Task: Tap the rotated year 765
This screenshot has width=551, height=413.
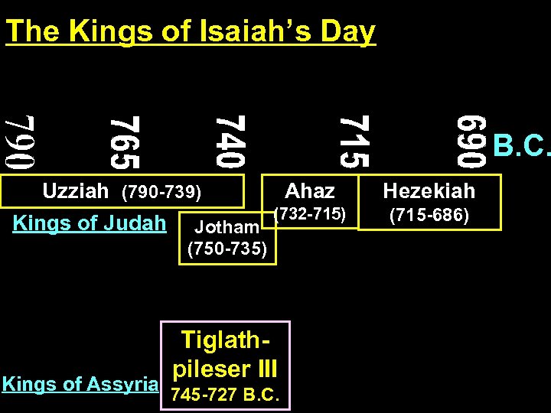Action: pyautogui.click(x=124, y=141)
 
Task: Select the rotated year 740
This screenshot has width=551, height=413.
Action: pyautogui.click(x=230, y=141)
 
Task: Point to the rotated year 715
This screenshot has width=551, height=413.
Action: pyautogui.click(x=354, y=141)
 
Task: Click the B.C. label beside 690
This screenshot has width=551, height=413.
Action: pyautogui.click(x=522, y=145)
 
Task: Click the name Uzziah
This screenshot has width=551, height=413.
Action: pyautogui.click(x=76, y=190)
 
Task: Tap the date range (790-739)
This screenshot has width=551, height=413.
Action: pyautogui.click(x=161, y=191)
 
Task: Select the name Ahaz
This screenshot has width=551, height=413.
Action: pyautogui.click(x=310, y=190)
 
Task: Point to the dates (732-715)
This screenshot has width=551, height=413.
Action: pyautogui.click(x=312, y=214)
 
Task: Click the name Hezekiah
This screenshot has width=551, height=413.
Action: pyautogui.click(x=429, y=190)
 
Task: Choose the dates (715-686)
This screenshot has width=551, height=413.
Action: pyautogui.click(x=429, y=216)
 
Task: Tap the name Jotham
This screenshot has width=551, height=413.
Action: pyautogui.click(x=227, y=226)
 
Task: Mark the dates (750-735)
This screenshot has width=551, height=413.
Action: pyautogui.click(x=227, y=249)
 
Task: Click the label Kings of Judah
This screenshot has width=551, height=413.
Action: pyautogui.click(x=90, y=223)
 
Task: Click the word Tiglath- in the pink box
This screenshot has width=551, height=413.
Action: pyautogui.click(x=225, y=340)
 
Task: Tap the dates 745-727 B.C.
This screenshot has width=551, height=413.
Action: pyautogui.click(x=225, y=395)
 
